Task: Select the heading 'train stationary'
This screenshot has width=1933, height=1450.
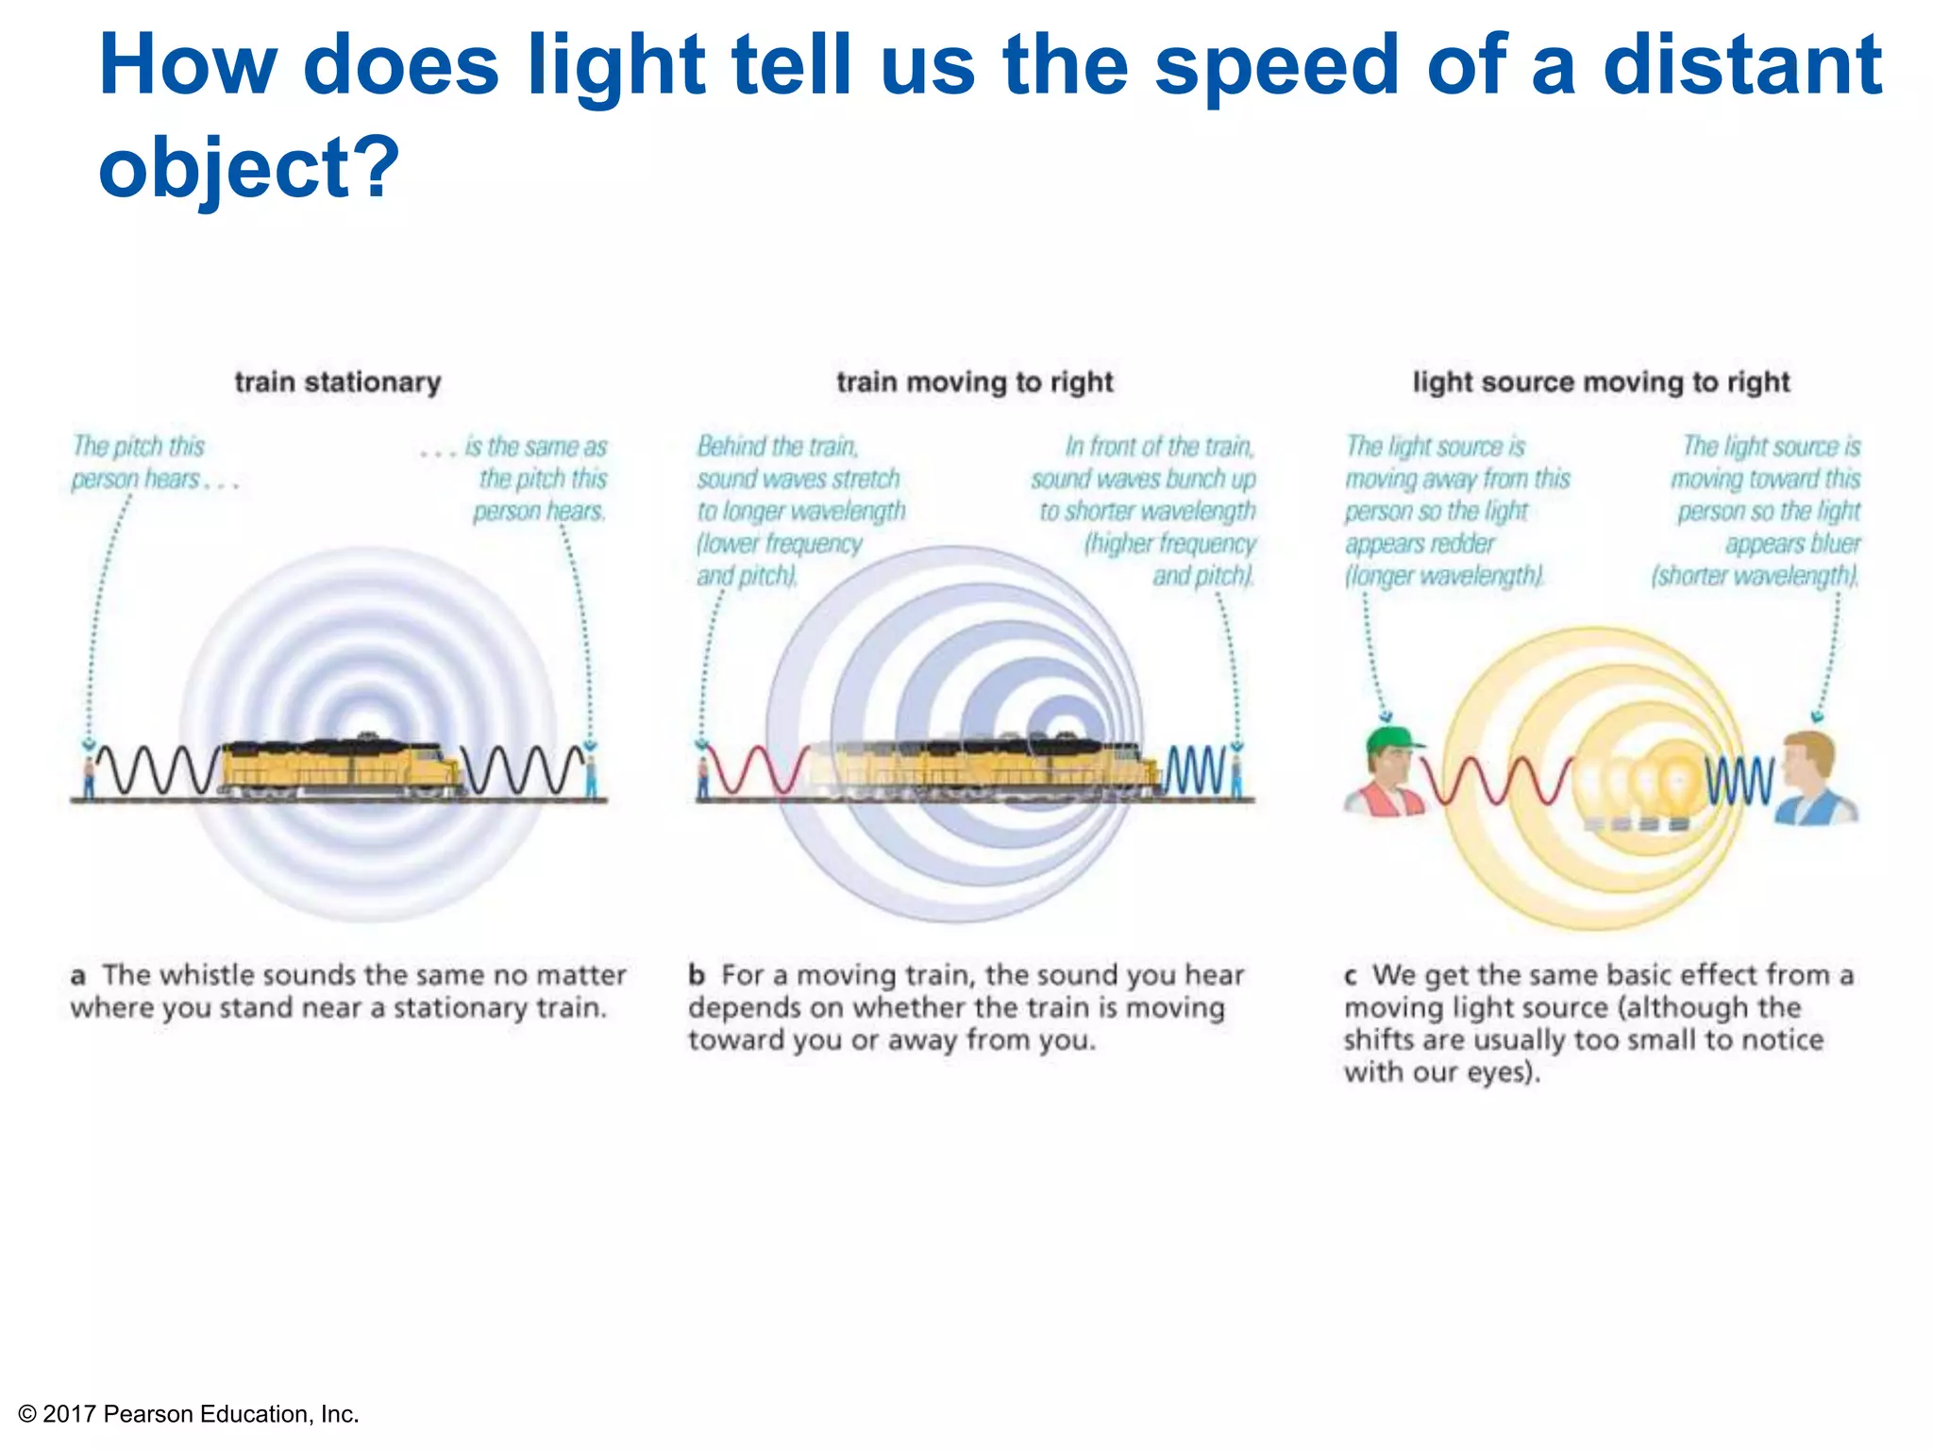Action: click(338, 382)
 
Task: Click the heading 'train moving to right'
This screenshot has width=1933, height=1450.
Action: click(975, 382)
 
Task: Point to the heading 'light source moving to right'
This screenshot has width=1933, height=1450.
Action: click(1601, 382)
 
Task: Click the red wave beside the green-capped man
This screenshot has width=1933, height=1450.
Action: click(1496, 782)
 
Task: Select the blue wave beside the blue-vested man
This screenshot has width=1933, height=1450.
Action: click(1739, 781)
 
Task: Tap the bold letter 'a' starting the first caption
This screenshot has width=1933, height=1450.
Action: click(78, 975)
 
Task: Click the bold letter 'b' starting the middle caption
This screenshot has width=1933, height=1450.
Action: click(697, 975)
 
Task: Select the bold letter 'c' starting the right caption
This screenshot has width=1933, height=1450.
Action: click(1352, 975)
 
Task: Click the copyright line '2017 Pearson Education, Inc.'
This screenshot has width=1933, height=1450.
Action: click(200, 1414)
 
